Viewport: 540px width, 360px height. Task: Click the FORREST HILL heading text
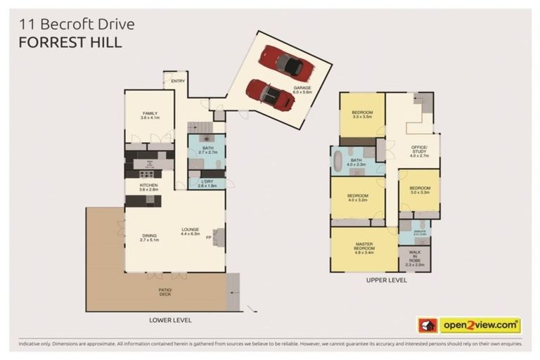coord(70,41)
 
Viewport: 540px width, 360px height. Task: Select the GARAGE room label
coord(302,89)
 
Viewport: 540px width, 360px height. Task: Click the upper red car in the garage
coord(285,62)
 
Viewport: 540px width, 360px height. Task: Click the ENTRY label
coord(177,82)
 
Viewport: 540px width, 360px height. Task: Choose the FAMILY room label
coord(149,115)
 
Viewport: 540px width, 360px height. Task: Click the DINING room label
coord(148,237)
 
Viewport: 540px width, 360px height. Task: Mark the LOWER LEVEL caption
coord(170,319)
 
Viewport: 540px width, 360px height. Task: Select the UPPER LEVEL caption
coord(386,279)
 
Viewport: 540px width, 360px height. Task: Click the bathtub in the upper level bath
coord(340,160)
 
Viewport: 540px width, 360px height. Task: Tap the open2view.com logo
coord(470,325)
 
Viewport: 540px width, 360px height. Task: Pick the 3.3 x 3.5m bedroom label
coord(362,115)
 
